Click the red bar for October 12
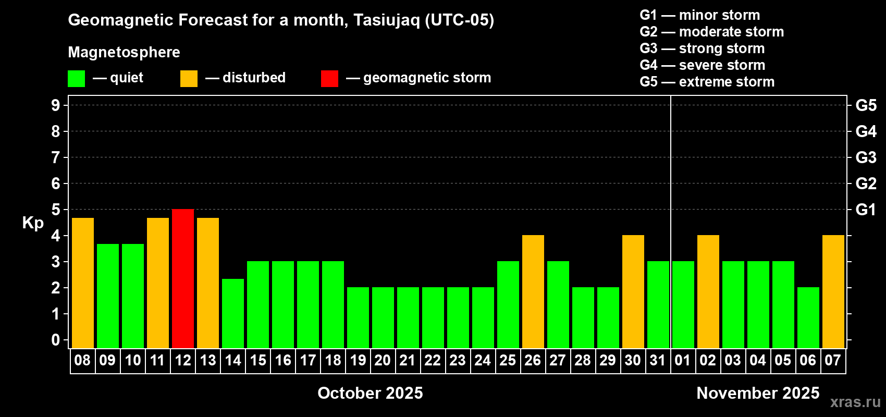click(x=183, y=278)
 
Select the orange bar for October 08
click(x=83, y=283)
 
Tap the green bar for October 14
click(x=233, y=313)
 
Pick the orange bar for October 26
click(x=533, y=291)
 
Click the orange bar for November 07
click(x=833, y=291)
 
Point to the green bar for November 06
click(x=808, y=317)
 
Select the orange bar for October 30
click(x=633, y=291)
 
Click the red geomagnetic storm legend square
click(x=330, y=78)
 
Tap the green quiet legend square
click(x=76, y=78)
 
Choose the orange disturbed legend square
click(x=189, y=78)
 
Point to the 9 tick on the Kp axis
click(x=56, y=105)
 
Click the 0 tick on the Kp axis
click(x=56, y=340)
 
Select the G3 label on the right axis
click(x=866, y=157)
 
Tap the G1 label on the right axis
click(x=866, y=210)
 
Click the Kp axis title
click(x=33, y=223)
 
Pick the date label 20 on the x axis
click(x=383, y=360)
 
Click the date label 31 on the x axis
click(x=658, y=360)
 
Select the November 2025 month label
click(x=758, y=393)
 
